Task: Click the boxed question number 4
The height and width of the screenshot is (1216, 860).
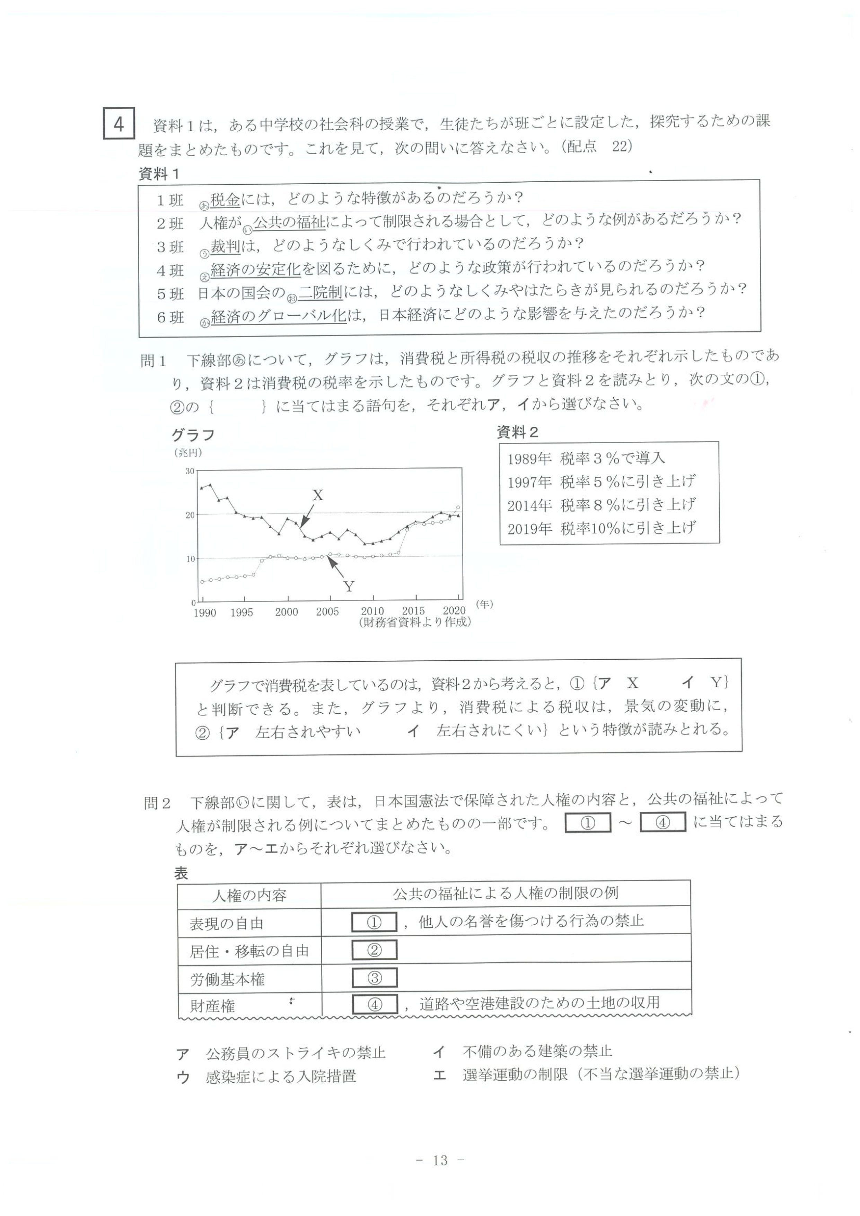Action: coord(119,124)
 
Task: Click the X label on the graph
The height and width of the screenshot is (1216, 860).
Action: coord(317,495)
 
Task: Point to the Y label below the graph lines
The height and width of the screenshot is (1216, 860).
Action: coord(349,586)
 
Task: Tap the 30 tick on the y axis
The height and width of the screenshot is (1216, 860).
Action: coord(190,471)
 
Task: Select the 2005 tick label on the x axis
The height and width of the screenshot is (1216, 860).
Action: coord(327,612)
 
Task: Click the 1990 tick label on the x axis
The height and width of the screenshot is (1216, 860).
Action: coord(204,613)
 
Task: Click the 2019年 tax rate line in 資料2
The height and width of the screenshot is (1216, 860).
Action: coord(602,528)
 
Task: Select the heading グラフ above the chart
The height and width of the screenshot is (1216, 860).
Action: coord(193,435)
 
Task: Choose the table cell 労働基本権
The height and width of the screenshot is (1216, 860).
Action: coord(227,979)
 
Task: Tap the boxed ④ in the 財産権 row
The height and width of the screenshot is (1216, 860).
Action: coord(375,1004)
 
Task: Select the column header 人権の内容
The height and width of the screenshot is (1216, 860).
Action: coord(249,896)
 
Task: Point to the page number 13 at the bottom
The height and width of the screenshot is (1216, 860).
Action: coord(440,1160)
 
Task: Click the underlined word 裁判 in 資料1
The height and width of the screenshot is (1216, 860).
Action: coord(225,246)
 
